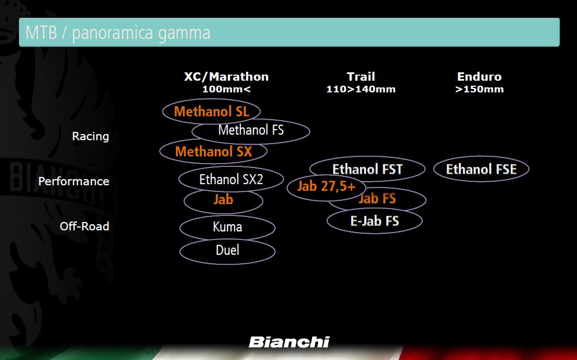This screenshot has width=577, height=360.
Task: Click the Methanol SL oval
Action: (211, 101)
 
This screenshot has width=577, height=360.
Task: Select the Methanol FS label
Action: (251, 130)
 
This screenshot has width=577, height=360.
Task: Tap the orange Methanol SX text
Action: (214, 151)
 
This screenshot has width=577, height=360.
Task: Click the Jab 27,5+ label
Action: (327, 186)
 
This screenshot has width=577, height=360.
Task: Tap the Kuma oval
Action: (228, 216)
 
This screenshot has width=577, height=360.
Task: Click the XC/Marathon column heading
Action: (226, 77)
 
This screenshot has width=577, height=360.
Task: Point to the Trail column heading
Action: (361, 77)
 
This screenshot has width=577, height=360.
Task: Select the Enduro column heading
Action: (480, 77)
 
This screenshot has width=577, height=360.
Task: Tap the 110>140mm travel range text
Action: (361, 89)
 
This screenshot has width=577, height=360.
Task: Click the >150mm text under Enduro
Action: (480, 89)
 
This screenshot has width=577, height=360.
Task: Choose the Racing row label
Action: (91, 136)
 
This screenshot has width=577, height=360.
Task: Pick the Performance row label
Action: (73, 181)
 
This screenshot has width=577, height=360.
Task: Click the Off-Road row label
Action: (84, 226)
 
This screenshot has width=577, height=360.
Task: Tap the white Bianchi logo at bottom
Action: (289, 342)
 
